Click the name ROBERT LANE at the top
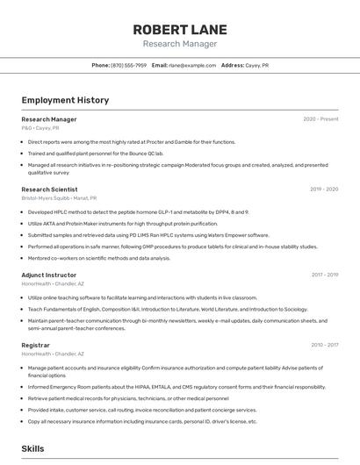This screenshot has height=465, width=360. pyautogui.click(x=179, y=29)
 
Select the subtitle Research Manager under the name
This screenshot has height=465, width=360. pyautogui.click(x=179, y=44)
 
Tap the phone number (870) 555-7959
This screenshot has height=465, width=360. pyautogui.click(x=128, y=65)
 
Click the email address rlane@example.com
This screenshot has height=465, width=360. pyautogui.click(x=192, y=65)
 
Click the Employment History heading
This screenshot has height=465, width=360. pyautogui.click(x=65, y=100)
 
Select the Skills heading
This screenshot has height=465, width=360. pyautogui.click(x=32, y=448)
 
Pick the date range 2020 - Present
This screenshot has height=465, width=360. pyautogui.click(x=320, y=119)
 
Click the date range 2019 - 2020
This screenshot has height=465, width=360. pyautogui.click(x=324, y=189)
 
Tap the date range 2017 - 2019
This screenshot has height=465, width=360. pyautogui.click(x=324, y=275)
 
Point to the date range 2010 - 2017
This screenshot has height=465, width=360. pyautogui.click(x=324, y=345)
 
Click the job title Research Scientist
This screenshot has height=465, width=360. pyautogui.click(x=49, y=189)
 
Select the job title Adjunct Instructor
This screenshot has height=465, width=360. pyautogui.click(x=48, y=275)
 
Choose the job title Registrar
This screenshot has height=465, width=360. pyautogui.click(x=35, y=345)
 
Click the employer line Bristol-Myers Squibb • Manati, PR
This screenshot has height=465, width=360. pyautogui.click(x=59, y=198)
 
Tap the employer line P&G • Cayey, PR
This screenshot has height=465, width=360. pyautogui.click(x=40, y=128)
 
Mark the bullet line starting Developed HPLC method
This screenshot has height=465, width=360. pyautogui.click(x=138, y=211)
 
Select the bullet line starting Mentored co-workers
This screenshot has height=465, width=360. pyautogui.click(x=99, y=258)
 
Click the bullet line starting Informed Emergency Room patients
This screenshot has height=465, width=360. pyautogui.click(x=176, y=386)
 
